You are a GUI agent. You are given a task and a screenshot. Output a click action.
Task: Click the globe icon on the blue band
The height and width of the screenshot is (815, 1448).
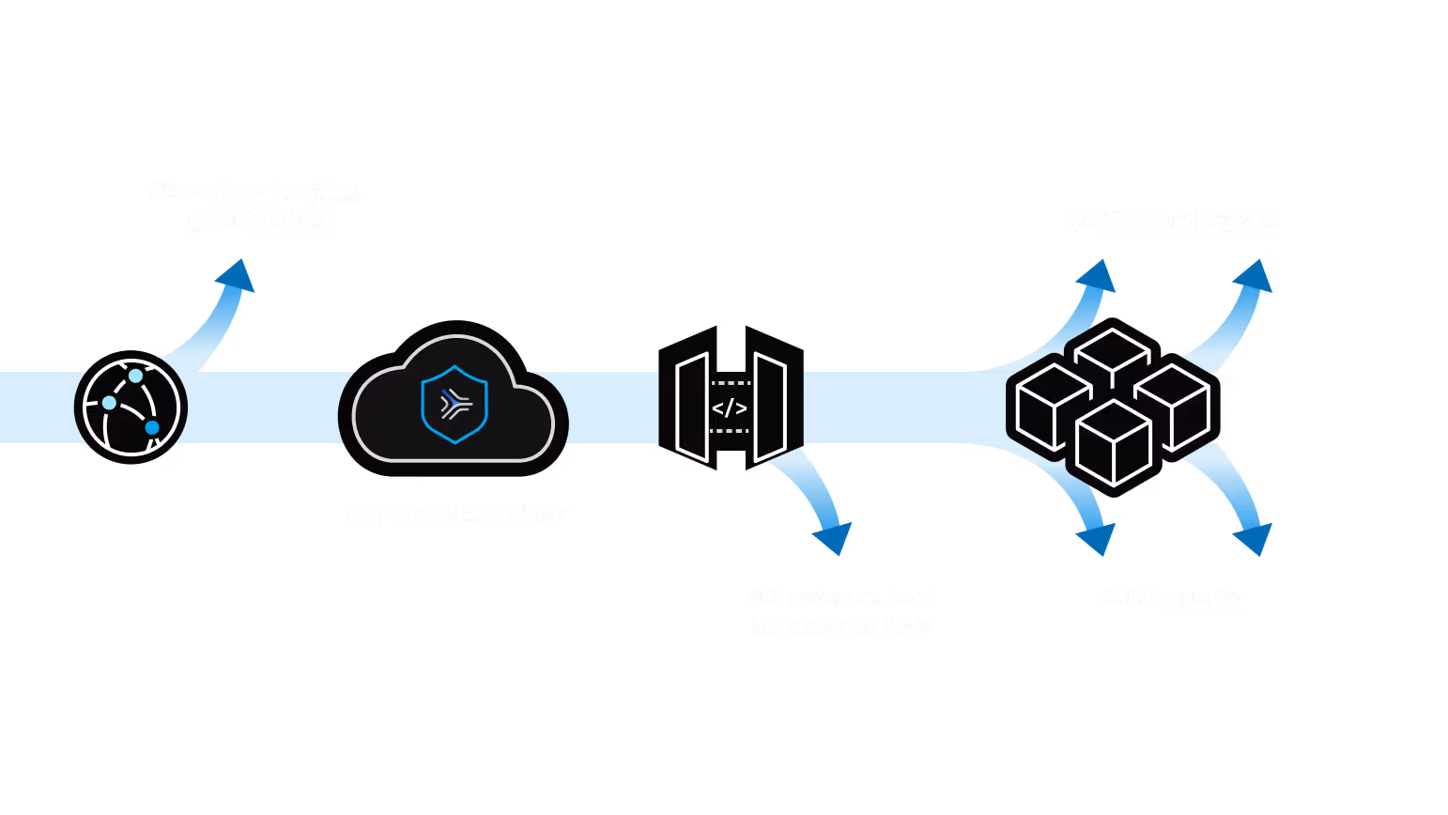[x=131, y=407]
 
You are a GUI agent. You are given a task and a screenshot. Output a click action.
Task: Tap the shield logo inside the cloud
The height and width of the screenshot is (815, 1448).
[x=454, y=404]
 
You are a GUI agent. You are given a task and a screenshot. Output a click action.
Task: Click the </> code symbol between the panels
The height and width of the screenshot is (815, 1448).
[x=730, y=408]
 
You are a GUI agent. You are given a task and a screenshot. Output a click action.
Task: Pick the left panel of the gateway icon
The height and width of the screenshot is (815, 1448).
[x=692, y=407]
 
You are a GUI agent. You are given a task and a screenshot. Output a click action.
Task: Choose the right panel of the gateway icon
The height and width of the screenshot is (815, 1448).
[x=770, y=407]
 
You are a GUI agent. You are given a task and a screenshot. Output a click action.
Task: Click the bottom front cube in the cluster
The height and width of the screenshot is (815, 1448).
[x=1113, y=442]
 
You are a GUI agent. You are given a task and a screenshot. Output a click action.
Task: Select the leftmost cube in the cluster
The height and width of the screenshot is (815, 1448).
[x=1053, y=406]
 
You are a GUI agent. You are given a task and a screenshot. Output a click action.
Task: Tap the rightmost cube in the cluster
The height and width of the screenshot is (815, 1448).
[x=1173, y=406]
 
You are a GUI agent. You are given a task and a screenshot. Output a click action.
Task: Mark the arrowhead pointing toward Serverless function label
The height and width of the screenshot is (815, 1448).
[x=236, y=275]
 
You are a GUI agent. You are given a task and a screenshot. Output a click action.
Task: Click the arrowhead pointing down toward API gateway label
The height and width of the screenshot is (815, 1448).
[x=833, y=538]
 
